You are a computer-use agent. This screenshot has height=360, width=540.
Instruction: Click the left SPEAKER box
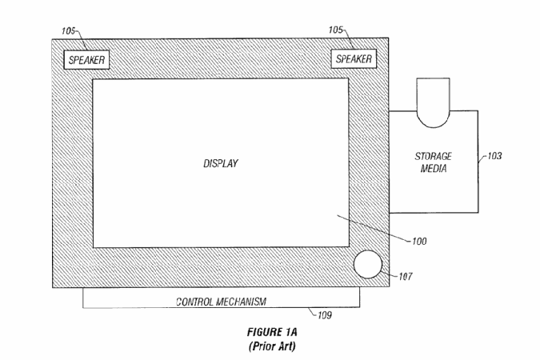coord(86,60)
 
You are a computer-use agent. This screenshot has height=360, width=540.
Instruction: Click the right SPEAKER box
coord(354,59)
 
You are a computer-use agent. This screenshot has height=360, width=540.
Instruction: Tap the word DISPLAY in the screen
coord(221,163)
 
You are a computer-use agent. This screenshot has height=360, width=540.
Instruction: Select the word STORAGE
coord(434,157)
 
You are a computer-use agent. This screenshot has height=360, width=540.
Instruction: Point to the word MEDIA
coord(434,169)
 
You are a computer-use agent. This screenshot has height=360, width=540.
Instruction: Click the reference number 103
coord(494,156)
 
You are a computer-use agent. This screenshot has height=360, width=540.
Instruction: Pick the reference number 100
coord(419,241)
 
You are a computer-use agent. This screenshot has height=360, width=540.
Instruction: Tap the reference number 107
coord(406,276)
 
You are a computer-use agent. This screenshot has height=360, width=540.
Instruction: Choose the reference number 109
coord(325,315)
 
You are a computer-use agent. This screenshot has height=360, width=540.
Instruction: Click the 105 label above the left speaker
coord(68,31)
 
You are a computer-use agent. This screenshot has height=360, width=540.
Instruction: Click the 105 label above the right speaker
coord(335,30)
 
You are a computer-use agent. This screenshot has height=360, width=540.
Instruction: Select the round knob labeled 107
coord(368,264)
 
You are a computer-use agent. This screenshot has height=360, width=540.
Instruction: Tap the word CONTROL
coord(194,302)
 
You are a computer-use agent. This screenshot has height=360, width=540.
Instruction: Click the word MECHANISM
coord(242,302)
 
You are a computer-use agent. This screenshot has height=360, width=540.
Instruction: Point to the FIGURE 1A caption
coord(272,332)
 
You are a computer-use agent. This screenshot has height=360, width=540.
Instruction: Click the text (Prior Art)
coord(272,346)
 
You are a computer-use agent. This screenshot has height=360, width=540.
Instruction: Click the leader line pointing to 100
coord(374,228)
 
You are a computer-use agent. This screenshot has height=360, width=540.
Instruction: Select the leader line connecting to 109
coord(313,311)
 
